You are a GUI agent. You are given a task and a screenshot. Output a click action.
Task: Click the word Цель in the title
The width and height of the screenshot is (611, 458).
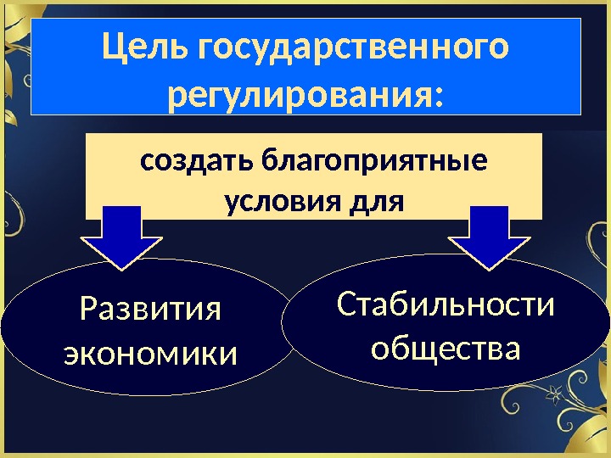click(x=145, y=48)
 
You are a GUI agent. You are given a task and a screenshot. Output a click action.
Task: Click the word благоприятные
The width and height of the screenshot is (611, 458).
click(x=374, y=160)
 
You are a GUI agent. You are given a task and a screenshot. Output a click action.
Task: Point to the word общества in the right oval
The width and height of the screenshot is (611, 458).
click(x=446, y=347)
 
